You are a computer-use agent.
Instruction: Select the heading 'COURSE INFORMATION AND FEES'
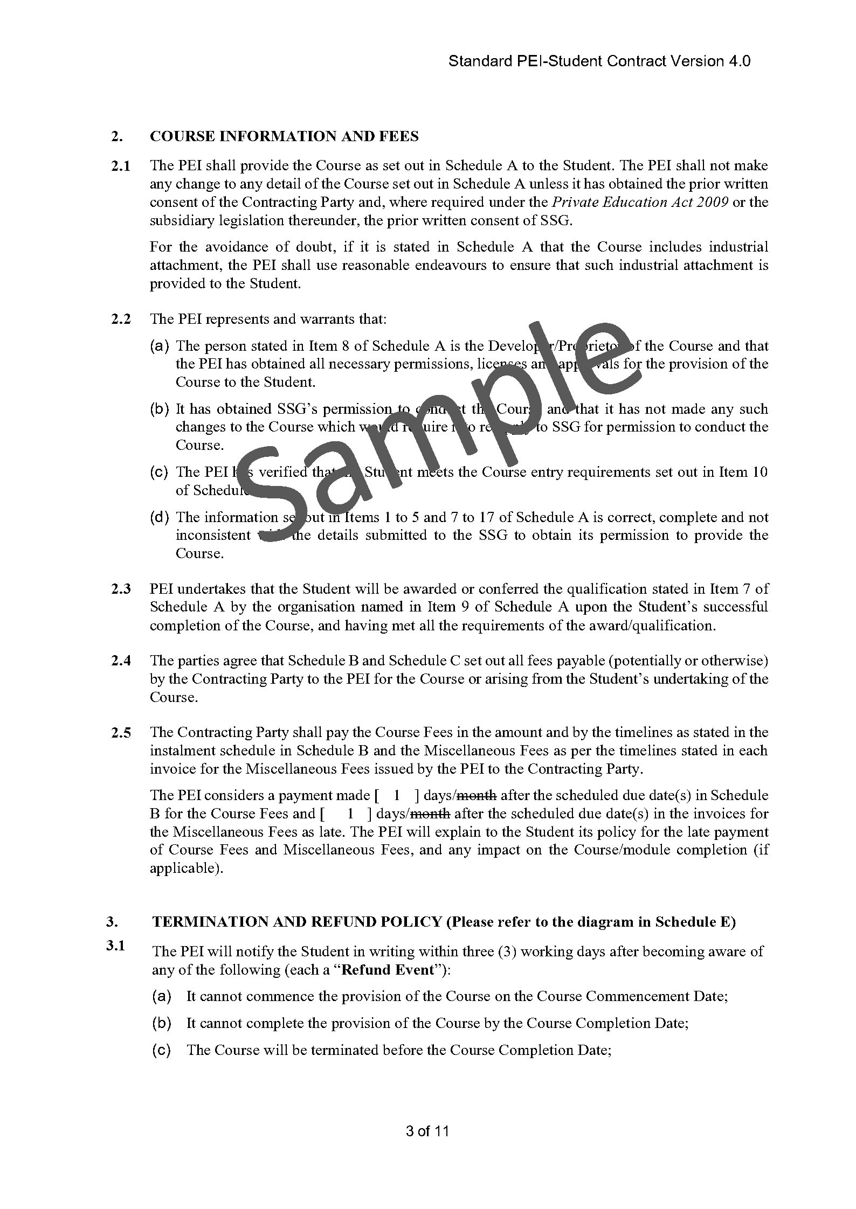(284, 136)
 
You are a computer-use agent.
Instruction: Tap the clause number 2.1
(121, 166)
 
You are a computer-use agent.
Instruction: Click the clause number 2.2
(121, 319)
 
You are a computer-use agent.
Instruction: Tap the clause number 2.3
(121, 589)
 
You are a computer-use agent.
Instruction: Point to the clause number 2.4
(121, 661)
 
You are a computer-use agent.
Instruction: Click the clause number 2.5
(121, 733)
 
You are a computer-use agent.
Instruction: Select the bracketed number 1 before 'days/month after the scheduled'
(397, 796)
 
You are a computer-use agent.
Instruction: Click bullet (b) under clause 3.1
(161, 1023)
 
